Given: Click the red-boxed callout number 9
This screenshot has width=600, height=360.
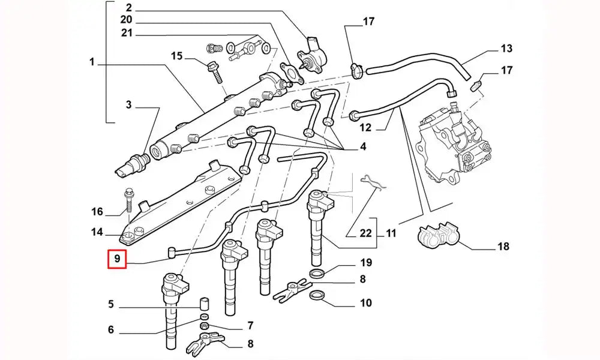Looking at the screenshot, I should pyautogui.click(x=118, y=259).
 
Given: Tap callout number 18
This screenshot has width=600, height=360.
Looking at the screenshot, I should pyautogui.click(x=503, y=246).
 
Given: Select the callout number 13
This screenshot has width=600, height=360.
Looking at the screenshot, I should pyautogui.click(x=506, y=48).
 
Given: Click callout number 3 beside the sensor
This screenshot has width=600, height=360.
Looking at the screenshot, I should pyautogui.click(x=128, y=106).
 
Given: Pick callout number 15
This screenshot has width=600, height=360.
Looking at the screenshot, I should pyautogui.click(x=176, y=56).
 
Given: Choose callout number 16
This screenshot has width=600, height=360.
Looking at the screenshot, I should pyautogui.click(x=98, y=211).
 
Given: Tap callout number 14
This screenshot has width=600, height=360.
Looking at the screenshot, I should pyautogui.click(x=98, y=232).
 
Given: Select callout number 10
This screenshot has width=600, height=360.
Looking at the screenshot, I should pyautogui.click(x=366, y=303).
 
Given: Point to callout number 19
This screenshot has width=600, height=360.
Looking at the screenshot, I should pyautogui.click(x=366, y=262).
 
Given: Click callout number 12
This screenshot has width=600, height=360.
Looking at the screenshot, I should pyautogui.click(x=366, y=127).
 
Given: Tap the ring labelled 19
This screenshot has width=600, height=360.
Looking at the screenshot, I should pyautogui.click(x=318, y=274).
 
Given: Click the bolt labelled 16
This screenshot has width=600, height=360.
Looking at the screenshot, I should pyautogui.click(x=129, y=201).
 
